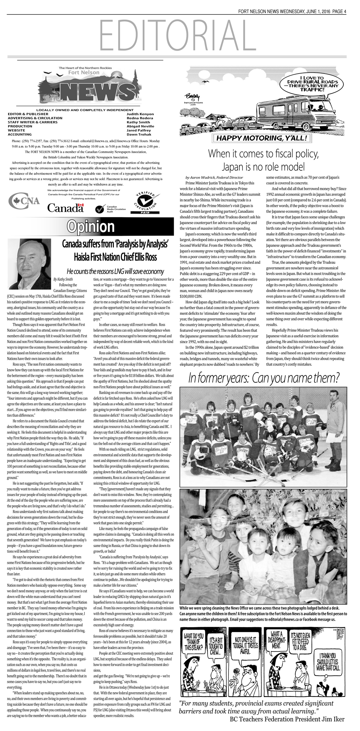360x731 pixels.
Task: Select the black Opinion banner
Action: click(91, 227)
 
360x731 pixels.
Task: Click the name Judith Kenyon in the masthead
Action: click(140, 114)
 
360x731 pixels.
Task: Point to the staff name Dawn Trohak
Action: click(139, 134)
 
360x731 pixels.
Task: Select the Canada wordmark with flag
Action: click(66, 208)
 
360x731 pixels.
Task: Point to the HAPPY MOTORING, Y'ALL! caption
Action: click(262, 138)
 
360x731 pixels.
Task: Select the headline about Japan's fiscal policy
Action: click(263, 160)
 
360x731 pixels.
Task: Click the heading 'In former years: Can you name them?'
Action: click(264, 378)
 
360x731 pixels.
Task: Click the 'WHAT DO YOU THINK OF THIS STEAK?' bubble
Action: click(194, 641)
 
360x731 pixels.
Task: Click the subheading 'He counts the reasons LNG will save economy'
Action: click(115, 271)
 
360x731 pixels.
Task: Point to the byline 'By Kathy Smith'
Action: click(63, 279)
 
